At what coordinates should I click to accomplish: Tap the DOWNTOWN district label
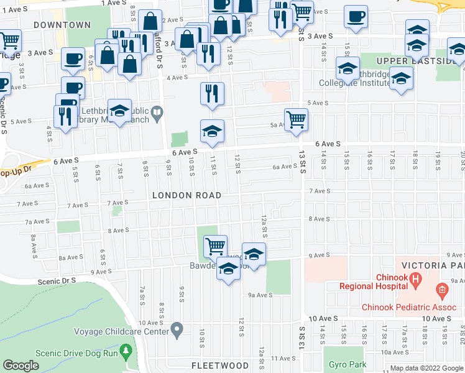click(x=62, y=25)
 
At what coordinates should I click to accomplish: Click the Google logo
click(x=21, y=366)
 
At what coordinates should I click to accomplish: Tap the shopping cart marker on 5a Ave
click(x=297, y=120)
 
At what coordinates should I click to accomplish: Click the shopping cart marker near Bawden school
click(x=215, y=246)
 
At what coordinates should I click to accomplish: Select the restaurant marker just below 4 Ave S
click(x=212, y=94)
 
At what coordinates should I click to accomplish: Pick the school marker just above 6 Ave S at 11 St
click(x=212, y=131)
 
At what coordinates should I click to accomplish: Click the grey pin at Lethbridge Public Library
click(x=157, y=114)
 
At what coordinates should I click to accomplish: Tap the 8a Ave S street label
click(x=70, y=257)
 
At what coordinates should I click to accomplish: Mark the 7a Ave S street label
click(x=37, y=221)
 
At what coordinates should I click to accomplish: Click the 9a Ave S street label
click(x=261, y=295)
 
